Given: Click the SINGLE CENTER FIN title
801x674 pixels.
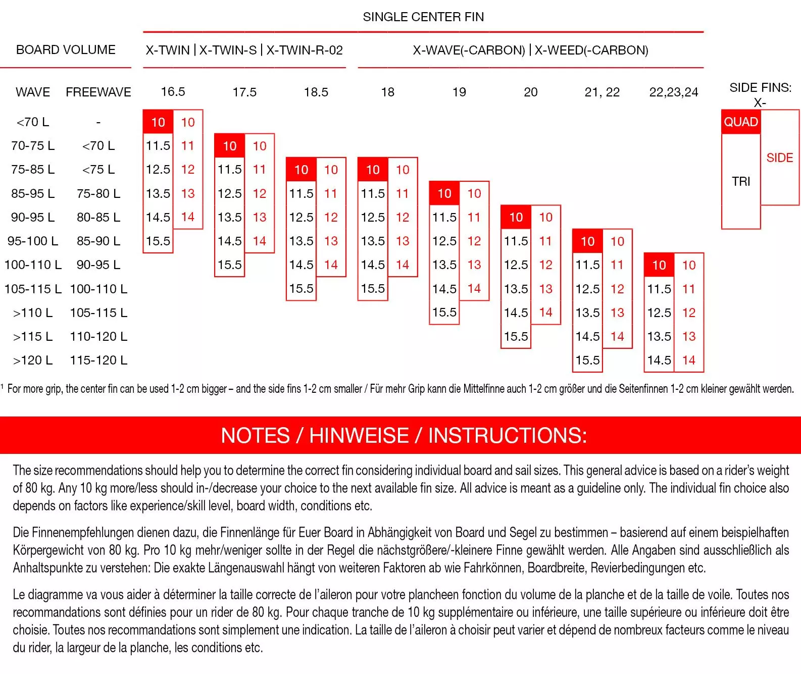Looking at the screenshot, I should (423, 17).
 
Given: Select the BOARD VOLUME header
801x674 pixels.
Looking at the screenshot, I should (66, 50).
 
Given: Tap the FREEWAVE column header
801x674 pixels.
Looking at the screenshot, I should (98, 92).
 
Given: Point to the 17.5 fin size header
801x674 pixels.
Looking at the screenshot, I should (244, 92).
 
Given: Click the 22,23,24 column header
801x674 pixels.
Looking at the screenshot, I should (674, 92).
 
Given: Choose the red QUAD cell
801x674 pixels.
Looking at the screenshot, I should (741, 122).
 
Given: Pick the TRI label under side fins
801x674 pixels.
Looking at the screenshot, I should (741, 182).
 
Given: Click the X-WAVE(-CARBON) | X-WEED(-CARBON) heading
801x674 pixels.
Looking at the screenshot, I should (530, 50).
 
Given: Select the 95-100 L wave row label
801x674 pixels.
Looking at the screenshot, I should (33, 241).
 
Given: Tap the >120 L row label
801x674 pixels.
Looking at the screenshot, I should (33, 360).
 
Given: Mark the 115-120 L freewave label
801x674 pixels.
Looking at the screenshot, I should (98, 360).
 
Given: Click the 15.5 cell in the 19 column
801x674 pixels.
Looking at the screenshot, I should (444, 313).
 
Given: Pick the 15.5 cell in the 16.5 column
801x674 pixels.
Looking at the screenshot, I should (158, 241).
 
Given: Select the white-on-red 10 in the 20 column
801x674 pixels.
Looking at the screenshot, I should (516, 218).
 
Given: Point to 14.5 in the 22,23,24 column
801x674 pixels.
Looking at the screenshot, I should (659, 360).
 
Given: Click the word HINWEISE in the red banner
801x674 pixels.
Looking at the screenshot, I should (359, 436).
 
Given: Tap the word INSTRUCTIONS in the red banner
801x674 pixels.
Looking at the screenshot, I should (507, 436).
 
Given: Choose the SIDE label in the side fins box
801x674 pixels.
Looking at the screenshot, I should (780, 158).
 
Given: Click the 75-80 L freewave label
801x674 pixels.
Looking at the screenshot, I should (98, 194).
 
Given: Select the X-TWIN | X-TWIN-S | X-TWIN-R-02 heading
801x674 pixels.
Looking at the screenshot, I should (244, 50).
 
